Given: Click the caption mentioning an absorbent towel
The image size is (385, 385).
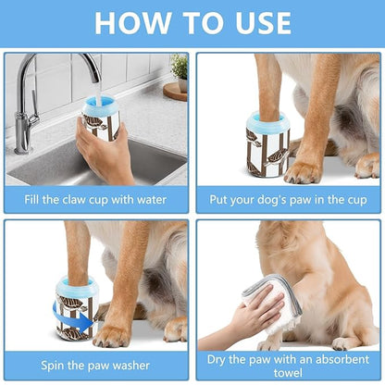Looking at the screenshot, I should coord(288,363).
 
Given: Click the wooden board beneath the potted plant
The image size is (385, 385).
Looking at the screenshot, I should coord(175,90).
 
